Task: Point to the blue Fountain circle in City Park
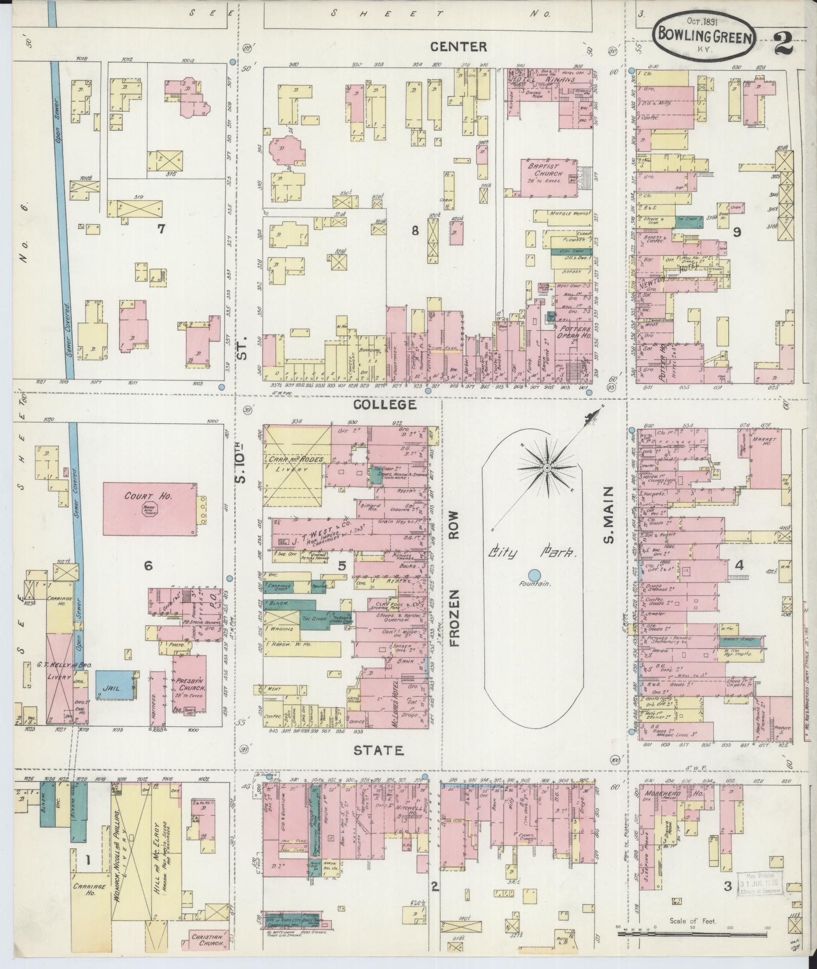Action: click(534, 574)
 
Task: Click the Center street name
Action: click(458, 47)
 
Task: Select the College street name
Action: click(385, 404)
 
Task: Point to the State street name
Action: click(379, 750)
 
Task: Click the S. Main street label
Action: click(609, 514)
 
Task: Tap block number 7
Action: click(161, 229)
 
